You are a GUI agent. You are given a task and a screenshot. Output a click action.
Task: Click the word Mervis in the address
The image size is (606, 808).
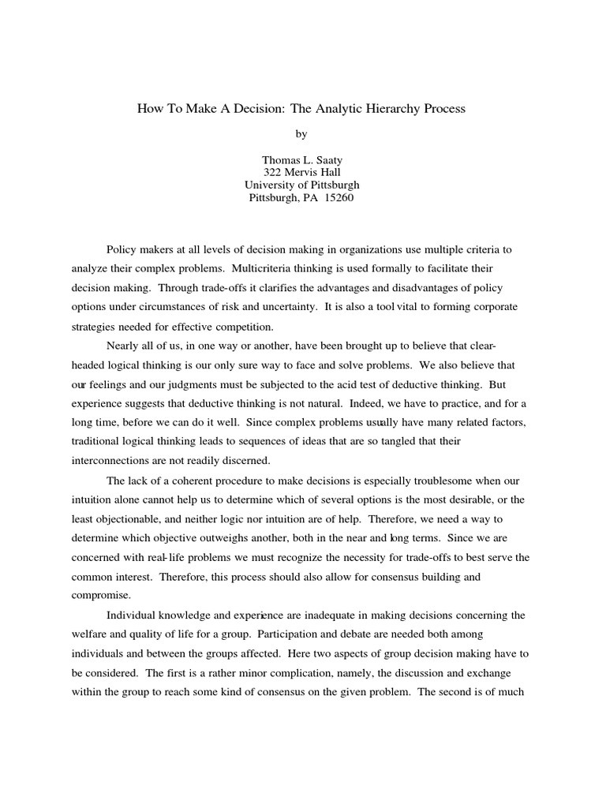(x=305, y=172)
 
